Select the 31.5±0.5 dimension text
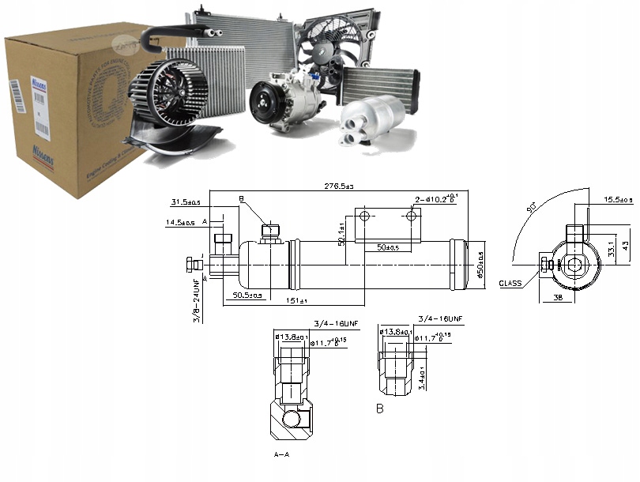186,201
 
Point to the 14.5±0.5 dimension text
182,223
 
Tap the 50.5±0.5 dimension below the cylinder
248,295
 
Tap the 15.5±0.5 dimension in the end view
618,199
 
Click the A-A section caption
282,456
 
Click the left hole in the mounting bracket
364,216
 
